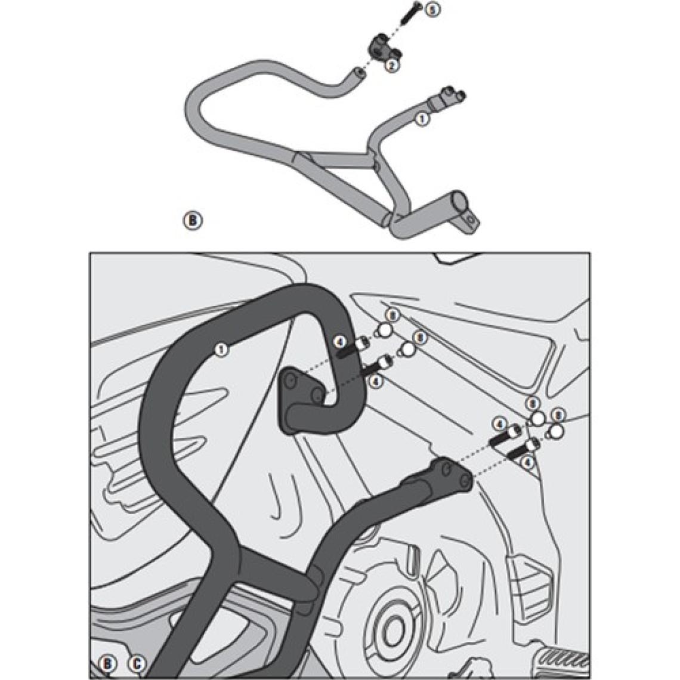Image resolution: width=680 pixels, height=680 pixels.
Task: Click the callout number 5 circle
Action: (x=432, y=10)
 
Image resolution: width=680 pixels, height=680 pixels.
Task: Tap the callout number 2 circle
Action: (x=391, y=66)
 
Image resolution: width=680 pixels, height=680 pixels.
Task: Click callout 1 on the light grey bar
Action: (x=421, y=119)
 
